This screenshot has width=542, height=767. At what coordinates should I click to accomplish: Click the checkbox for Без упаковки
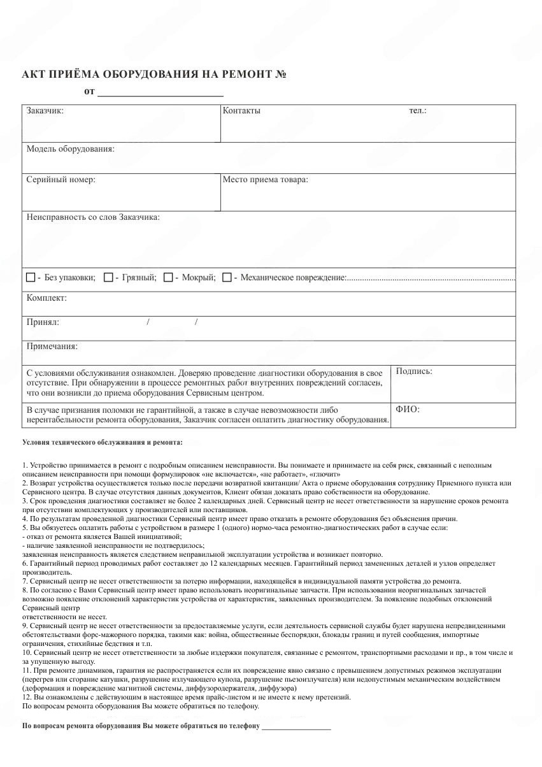coord(31,278)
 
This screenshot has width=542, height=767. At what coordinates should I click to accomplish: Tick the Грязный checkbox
coord(108,278)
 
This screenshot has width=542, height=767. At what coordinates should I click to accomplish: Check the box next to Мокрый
coord(168,278)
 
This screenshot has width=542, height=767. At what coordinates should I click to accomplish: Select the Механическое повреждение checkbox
coord(227,278)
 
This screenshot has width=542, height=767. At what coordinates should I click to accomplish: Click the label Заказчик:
coord(45,111)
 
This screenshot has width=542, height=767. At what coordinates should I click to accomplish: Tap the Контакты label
coord(241,111)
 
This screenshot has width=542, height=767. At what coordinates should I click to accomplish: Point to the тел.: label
coord(418,111)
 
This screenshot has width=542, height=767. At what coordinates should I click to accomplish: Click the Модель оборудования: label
coord(70,149)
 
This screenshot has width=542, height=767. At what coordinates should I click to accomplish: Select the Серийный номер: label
coord(61,180)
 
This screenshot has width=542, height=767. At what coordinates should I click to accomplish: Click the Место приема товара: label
coord(265,180)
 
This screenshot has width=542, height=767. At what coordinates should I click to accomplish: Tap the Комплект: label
coord(46,297)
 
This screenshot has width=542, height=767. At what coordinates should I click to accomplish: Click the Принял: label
coord(43,322)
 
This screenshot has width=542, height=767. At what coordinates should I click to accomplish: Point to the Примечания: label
coord(52,347)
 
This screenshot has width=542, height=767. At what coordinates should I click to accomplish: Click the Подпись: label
coord(414,371)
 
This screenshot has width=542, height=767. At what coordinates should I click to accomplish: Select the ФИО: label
coord(408,409)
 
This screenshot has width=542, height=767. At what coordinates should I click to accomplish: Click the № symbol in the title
coord(281,75)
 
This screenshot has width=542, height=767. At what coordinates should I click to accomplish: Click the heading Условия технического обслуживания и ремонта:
coord(102,441)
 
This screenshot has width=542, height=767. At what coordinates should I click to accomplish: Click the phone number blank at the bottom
coord(296,726)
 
